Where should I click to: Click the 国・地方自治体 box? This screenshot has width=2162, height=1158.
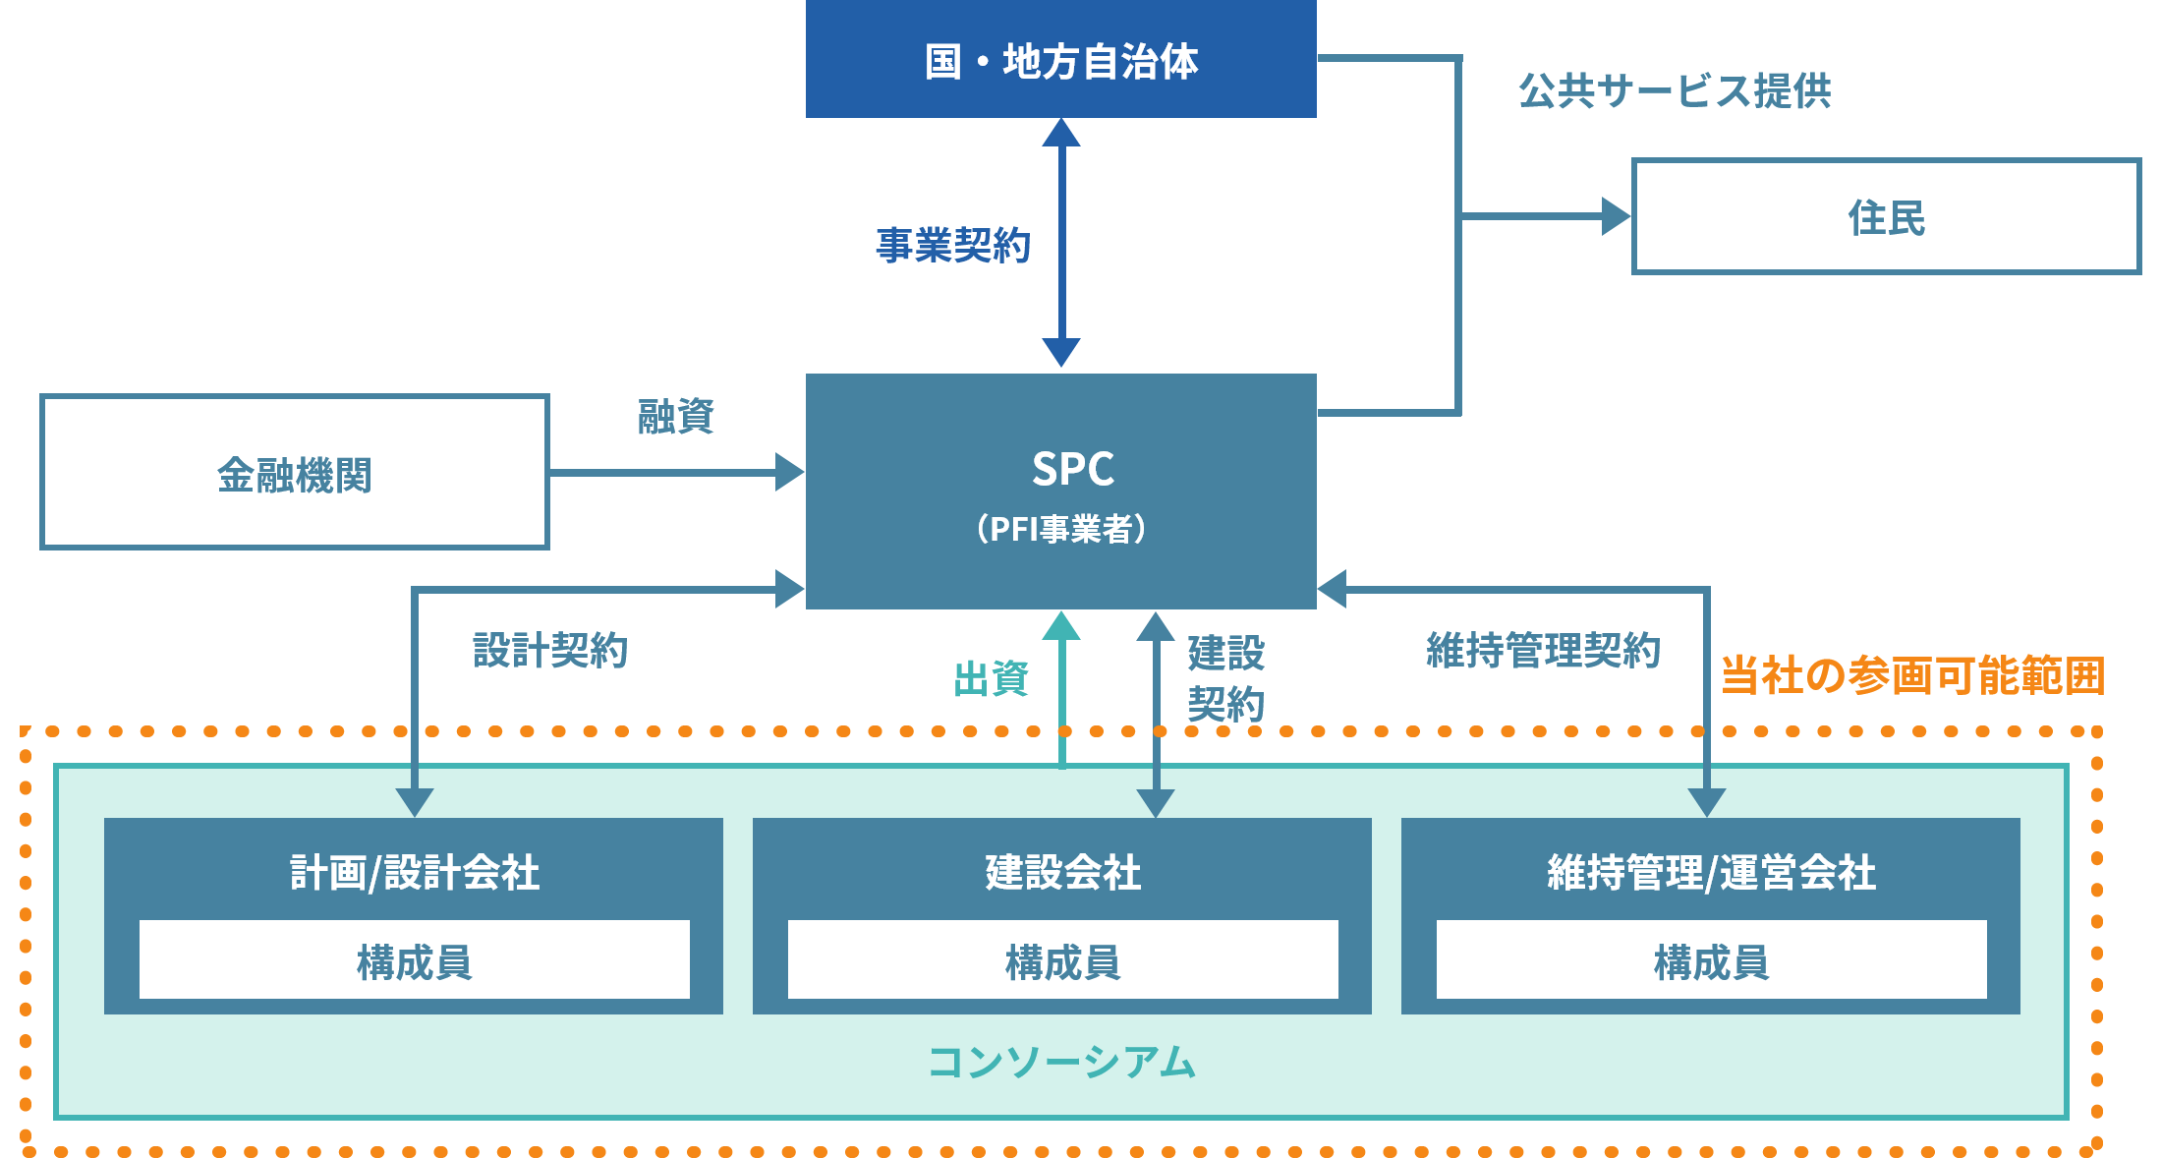[1060, 60]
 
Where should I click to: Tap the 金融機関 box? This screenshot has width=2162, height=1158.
[294, 473]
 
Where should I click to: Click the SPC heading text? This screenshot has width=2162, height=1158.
[1072, 469]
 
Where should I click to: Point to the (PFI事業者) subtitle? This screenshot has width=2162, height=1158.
[1061, 529]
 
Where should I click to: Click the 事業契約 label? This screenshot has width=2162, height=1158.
[952, 245]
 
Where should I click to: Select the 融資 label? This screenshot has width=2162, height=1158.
[675, 416]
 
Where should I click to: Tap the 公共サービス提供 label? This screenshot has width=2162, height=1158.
[1675, 90]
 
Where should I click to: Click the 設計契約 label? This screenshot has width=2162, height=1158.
[550, 650]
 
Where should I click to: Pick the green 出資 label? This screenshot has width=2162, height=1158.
[991, 678]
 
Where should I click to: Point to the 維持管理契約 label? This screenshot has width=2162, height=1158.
[1543, 650]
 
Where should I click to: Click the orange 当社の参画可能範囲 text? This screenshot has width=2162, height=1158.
[1912, 675]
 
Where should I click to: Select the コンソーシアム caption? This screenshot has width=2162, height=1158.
[1061, 1062]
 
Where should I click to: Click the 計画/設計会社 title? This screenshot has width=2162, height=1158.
[414, 872]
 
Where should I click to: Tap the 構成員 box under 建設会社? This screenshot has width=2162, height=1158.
[1062, 960]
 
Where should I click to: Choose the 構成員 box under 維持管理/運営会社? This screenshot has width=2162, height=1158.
[1711, 960]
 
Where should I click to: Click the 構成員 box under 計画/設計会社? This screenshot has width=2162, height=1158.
[414, 960]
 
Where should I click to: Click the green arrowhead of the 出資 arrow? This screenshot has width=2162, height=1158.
[1061, 626]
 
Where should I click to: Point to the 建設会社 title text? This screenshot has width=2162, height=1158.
[1062, 872]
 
